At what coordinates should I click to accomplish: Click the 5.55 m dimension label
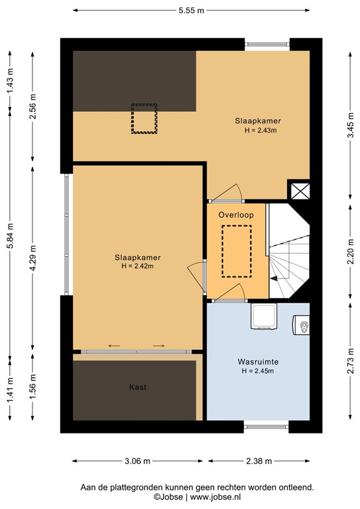[x=191, y=11]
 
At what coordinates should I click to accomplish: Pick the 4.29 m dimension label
[x=32, y=258]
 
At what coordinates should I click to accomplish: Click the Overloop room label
[x=237, y=215]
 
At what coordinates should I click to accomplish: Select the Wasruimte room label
[x=257, y=363]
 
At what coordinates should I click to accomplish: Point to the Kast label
[x=138, y=387]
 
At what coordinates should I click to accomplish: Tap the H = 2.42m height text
[x=137, y=266]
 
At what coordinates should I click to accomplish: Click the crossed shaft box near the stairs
[x=298, y=191]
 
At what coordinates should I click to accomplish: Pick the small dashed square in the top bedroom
[x=144, y=119]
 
